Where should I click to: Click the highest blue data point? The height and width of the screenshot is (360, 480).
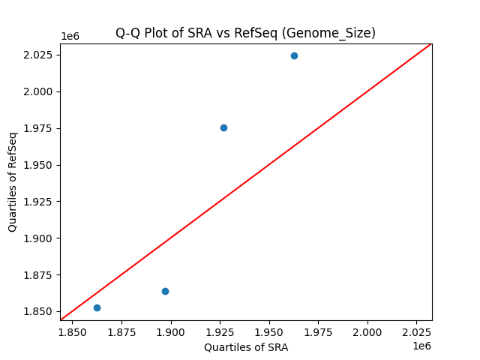point(294,55)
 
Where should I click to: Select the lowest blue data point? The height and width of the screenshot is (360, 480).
point(97,307)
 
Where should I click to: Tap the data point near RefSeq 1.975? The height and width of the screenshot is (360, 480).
point(223,127)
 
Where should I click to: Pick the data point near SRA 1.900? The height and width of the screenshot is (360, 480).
point(165,291)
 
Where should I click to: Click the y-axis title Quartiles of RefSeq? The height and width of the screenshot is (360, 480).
point(13,181)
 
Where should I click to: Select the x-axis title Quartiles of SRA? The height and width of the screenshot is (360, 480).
point(246,347)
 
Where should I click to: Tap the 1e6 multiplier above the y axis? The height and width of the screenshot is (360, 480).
point(70,37)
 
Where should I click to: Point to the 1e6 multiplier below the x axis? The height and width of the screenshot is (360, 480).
point(421,346)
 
